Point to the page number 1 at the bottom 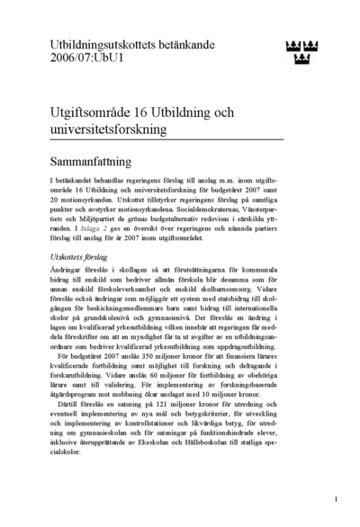[x=335, y=498]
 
